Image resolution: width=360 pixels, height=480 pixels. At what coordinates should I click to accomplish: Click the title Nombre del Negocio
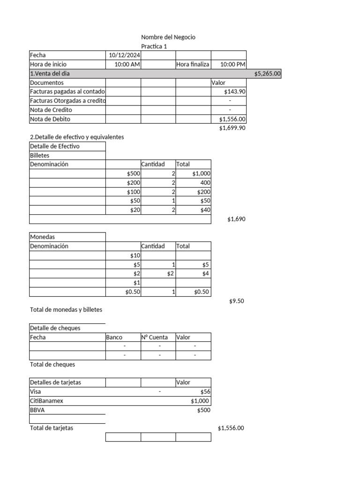coord(168,37)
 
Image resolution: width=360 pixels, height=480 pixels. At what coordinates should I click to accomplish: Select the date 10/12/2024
coord(124,55)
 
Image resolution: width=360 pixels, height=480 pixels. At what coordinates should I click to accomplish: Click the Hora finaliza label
coord(193,64)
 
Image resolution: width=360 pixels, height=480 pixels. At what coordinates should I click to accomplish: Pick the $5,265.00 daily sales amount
coord(267,74)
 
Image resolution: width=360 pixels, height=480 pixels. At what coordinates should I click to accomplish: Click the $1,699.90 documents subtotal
coord(232,128)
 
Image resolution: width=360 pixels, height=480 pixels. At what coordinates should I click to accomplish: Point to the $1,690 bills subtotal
coord(236,219)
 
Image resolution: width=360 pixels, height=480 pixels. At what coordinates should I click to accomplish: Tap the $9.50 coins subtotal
coord(236,301)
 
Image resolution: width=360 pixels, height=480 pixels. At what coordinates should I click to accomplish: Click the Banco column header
coord(114,337)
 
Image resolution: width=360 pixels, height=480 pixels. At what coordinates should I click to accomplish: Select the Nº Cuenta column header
coord(155,337)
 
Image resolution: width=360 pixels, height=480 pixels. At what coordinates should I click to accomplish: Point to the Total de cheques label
coord(52,365)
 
